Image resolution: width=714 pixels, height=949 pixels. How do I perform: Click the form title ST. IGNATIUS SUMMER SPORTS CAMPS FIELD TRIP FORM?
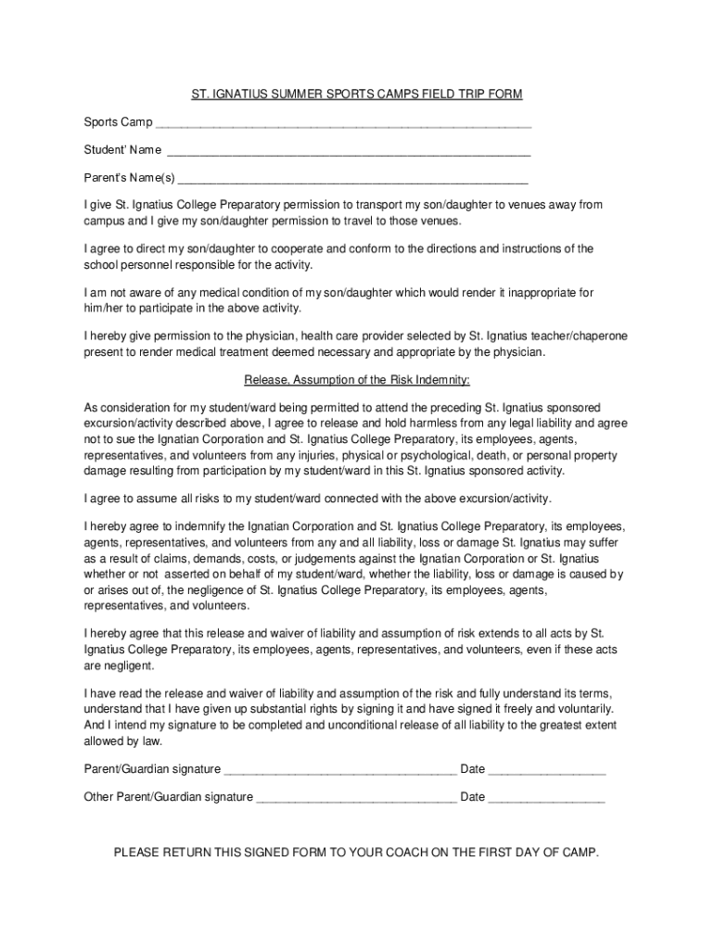click(x=357, y=95)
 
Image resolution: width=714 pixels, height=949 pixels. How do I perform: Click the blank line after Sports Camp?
click(x=343, y=123)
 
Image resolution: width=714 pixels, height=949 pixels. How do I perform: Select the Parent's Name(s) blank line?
click(x=352, y=179)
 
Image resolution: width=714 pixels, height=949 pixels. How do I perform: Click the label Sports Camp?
click(x=118, y=122)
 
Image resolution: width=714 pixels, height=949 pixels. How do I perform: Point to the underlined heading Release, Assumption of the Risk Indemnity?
click(x=357, y=380)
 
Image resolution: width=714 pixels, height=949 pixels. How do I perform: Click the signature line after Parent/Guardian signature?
click(x=340, y=769)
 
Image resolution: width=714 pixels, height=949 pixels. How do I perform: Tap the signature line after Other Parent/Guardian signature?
click(x=356, y=797)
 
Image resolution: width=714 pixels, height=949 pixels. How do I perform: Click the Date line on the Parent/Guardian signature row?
click(x=546, y=769)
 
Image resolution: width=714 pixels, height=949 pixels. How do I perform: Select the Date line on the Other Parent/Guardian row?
click(x=546, y=797)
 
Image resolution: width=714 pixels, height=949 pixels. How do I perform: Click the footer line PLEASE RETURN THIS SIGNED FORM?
click(x=357, y=852)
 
